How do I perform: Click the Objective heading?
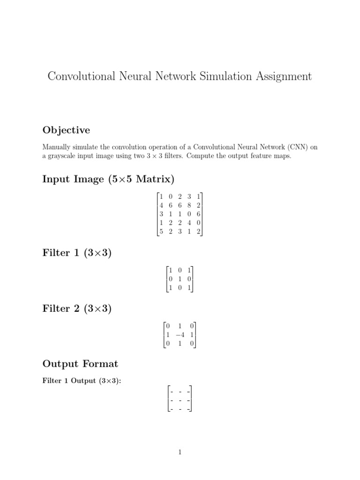pyautogui.click(x=66, y=130)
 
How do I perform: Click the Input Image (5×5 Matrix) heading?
pyautogui.click(x=108, y=179)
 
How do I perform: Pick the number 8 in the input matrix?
pyautogui.click(x=189, y=205)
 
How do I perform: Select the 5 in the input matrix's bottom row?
pyautogui.click(x=161, y=232)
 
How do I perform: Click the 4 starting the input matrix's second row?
pyautogui.click(x=161, y=205)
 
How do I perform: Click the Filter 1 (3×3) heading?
pyautogui.click(x=77, y=254)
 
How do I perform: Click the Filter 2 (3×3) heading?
pyautogui.click(x=77, y=309)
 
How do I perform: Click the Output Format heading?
pyautogui.click(x=80, y=364)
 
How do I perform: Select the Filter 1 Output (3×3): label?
pyautogui.click(x=82, y=381)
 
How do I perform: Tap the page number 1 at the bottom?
pyautogui.click(x=180, y=452)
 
